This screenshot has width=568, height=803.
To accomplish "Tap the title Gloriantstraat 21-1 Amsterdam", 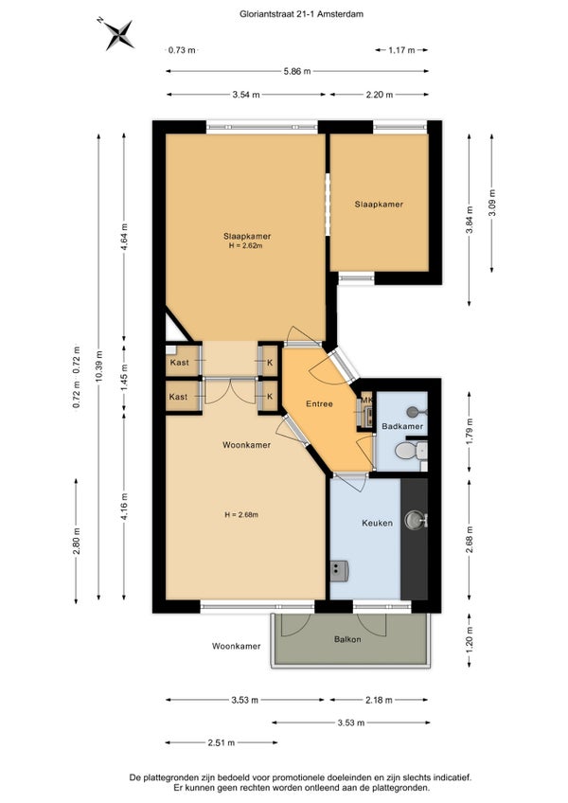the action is click(302, 14).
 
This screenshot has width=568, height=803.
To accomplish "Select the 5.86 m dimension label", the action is click(297, 71).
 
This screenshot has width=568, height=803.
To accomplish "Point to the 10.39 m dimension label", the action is click(98, 366).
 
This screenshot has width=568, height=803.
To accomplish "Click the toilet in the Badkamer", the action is click(411, 451).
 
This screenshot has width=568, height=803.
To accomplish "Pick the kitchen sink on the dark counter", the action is click(416, 520).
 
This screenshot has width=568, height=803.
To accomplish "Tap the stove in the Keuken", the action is click(339, 570).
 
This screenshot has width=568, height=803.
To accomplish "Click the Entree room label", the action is click(319, 403).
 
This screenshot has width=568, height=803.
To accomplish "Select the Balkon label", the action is click(347, 639).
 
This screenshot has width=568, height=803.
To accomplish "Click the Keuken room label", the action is click(377, 523).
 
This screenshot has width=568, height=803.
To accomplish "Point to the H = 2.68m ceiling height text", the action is click(240, 515).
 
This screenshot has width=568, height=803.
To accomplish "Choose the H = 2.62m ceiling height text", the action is click(246, 245).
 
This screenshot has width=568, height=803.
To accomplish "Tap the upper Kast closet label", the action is click(179, 362).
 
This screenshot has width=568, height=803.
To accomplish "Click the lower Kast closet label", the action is click(178, 397).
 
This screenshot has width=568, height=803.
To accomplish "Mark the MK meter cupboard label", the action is click(366, 400).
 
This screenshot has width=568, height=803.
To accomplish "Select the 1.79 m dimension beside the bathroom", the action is click(470, 432).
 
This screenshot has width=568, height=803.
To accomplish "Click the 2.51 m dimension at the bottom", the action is click(222, 742).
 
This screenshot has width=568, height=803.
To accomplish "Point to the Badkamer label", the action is click(402, 426).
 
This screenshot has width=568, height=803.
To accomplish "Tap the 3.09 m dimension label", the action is click(492, 203).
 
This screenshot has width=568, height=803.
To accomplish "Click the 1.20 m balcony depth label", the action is click(470, 640).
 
